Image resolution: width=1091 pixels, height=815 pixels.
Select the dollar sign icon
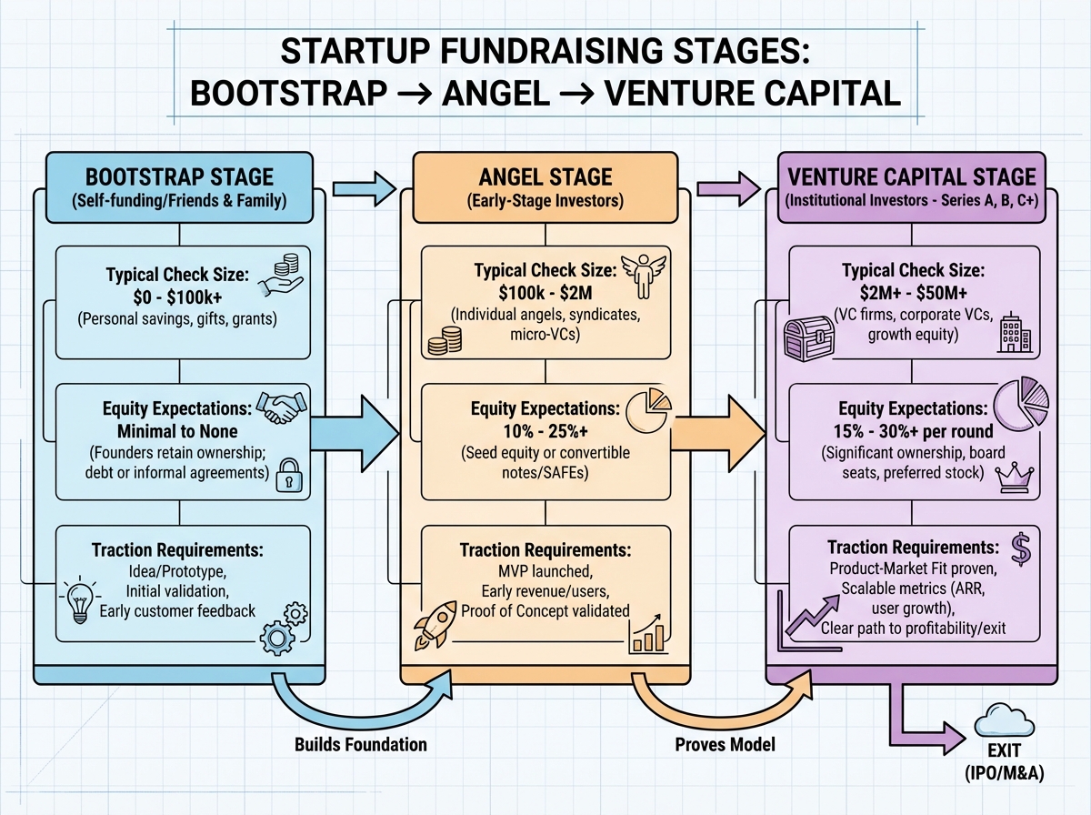[1021, 548]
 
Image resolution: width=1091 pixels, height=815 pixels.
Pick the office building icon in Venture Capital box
[1014, 334]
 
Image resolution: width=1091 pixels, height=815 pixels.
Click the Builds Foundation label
[361, 744]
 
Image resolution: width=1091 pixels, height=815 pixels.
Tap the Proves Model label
[725, 744]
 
